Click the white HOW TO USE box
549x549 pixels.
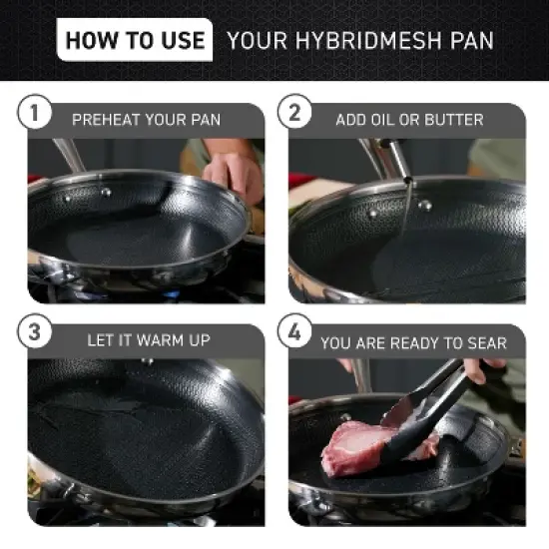tap(135, 40)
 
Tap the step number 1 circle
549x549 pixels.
tap(34, 113)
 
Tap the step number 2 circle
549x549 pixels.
tap(294, 113)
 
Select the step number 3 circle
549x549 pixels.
tap(34, 333)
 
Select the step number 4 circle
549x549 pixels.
tap(294, 333)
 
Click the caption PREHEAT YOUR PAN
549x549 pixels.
tap(146, 120)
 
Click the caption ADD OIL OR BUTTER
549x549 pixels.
tap(409, 120)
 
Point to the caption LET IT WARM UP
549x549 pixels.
tap(148, 340)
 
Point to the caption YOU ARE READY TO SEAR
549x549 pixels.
tap(413, 342)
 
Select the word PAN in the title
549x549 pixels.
tap(470, 41)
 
